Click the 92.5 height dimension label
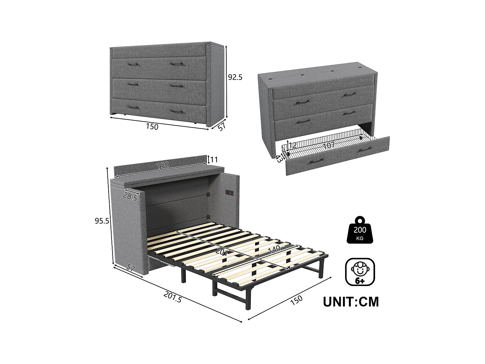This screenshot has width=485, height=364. click(x=235, y=77)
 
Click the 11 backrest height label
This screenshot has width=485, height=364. click(x=214, y=160)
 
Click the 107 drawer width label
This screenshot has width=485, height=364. click(x=329, y=146)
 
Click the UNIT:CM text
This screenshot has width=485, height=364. click(x=351, y=302)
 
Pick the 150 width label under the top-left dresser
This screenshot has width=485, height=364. click(x=152, y=127)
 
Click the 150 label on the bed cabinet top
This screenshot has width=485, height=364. click(x=163, y=165)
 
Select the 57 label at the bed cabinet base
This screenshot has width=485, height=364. click(x=131, y=268)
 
